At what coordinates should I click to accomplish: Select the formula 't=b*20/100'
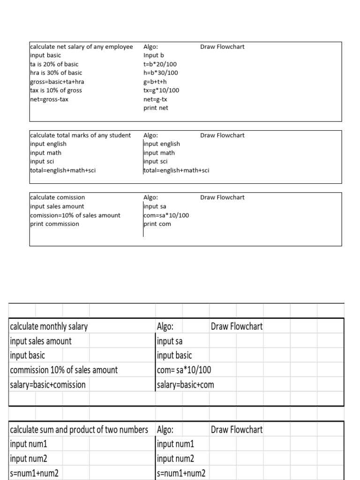click(160, 64)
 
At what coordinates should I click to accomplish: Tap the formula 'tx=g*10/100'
click(161, 90)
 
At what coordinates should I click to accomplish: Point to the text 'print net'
click(156, 108)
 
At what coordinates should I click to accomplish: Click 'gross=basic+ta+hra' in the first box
click(57, 82)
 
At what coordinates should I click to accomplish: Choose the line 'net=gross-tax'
click(49, 99)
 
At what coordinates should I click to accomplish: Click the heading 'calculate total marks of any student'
click(80, 135)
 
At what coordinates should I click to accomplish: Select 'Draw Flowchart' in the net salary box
click(222, 47)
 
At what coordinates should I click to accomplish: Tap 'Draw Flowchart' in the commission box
click(222, 197)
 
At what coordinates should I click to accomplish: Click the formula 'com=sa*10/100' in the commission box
click(166, 215)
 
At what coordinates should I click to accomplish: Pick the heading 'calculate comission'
click(57, 197)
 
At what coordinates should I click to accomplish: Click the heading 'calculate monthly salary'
click(49, 326)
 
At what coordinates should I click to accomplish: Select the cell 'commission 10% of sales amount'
click(64, 370)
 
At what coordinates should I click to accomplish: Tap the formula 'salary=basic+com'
click(186, 385)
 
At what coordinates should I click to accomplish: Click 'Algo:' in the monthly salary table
click(165, 326)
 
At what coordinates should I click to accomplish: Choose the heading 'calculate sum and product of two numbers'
click(79, 429)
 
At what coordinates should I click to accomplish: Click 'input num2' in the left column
click(29, 458)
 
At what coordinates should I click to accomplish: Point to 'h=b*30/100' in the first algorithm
click(160, 73)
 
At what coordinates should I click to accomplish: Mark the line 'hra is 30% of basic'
click(56, 73)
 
